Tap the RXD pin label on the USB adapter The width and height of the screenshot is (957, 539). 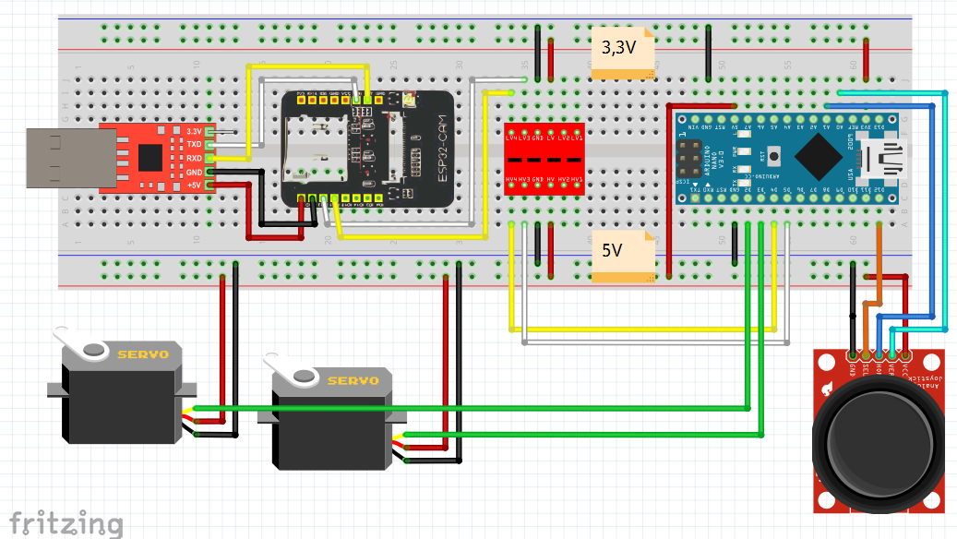tap(194, 159)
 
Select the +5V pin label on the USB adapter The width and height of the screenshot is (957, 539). tap(193, 186)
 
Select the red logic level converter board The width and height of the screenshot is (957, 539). tap(544, 159)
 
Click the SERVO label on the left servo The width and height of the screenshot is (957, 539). tap(142, 353)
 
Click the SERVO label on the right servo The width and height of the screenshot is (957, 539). tap(353, 379)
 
